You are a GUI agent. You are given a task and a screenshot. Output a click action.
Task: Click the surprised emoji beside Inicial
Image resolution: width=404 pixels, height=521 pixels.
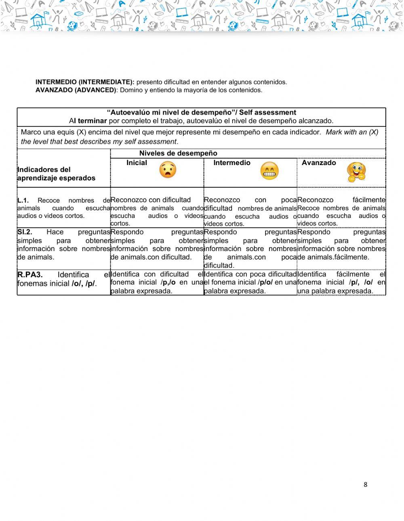(167, 170)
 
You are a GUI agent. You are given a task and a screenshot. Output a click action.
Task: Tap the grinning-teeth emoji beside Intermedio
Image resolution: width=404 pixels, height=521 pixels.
(269, 172)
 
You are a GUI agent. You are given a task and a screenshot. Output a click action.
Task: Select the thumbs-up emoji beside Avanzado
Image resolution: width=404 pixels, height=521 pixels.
(356, 172)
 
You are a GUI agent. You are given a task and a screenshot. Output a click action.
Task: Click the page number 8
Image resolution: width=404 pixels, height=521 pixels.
(366, 485)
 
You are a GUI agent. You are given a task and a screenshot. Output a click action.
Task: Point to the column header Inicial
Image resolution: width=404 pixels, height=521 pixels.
(137, 163)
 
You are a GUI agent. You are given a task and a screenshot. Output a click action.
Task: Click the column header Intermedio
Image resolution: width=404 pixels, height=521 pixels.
(232, 163)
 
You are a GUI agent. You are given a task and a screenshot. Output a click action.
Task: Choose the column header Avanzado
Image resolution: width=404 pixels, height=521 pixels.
(319, 163)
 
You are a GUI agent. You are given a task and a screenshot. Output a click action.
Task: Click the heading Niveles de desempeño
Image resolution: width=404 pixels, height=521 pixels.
(178, 153)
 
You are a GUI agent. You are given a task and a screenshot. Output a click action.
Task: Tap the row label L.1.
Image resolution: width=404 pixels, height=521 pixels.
(23, 200)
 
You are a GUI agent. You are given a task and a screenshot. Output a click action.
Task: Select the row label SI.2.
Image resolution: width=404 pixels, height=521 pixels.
(25, 232)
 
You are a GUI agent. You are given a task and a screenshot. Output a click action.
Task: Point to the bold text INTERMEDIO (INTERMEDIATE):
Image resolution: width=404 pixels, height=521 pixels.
(85, 82)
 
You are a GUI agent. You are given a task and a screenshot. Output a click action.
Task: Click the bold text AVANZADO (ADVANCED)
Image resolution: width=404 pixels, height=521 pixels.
(76, 90)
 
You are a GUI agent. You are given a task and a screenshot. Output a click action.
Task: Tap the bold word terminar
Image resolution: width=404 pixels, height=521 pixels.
(92, 121)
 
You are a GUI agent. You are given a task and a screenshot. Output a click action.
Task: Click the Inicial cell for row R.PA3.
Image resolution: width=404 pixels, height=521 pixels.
(157, 282)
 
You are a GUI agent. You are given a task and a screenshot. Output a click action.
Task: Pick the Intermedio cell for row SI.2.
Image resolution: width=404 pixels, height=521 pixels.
(250, 249)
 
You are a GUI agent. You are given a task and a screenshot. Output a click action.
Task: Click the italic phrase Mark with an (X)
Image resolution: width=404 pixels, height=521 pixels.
(352, 132)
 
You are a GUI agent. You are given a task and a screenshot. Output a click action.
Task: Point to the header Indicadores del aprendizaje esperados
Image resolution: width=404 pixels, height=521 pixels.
(56, 174)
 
